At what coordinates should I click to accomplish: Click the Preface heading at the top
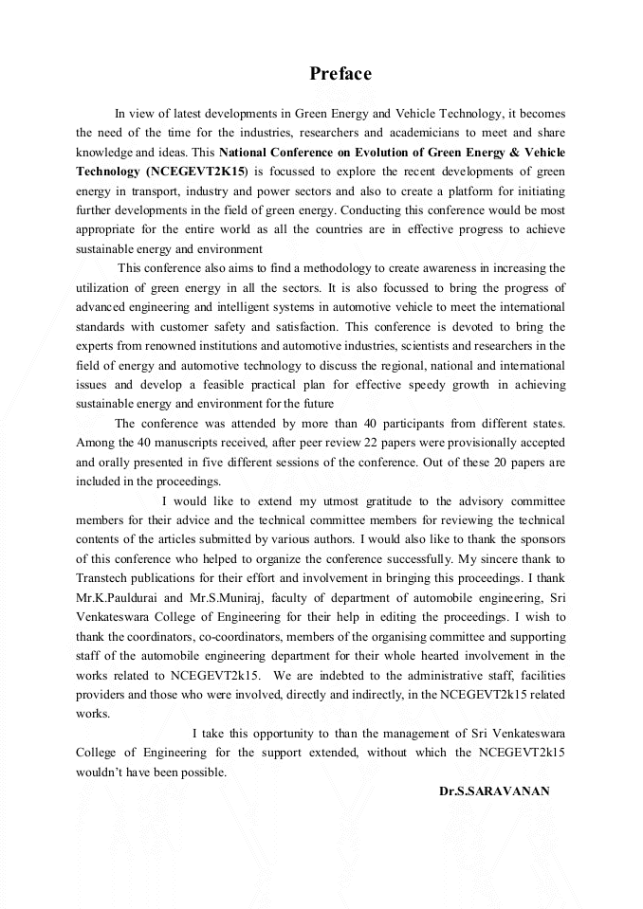pyautogui.click(x=340, y=74)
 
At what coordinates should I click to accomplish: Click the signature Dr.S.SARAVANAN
pyautogui.click(x=494, y=791)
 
